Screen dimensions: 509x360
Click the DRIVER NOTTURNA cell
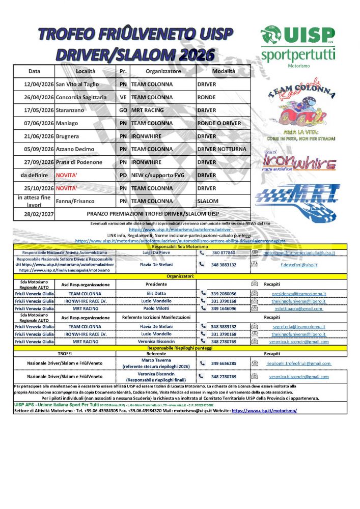pyautogui.click(x=221, y=149)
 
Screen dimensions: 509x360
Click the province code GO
pyautogui.click(x=123, y=110)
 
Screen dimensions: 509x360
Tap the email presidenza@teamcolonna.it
pyautogui.click(x=298, y=294)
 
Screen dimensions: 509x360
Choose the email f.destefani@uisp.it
pyautogui.click(x=299, y=265)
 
